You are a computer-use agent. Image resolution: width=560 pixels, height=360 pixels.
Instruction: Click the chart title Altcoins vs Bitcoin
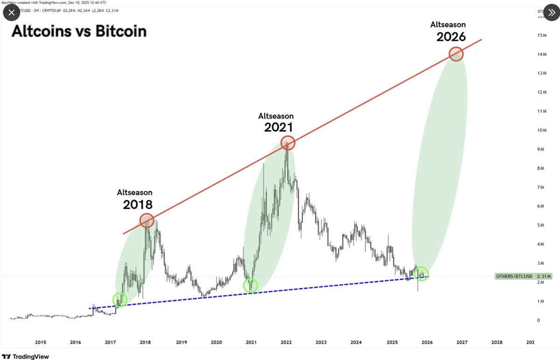pos(79,31)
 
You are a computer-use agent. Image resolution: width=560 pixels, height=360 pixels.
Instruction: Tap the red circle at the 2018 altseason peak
pos(147,220)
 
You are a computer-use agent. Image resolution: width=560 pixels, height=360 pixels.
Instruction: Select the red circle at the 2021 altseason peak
pos(288,142)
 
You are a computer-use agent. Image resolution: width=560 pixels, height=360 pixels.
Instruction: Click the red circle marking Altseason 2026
pos(456,54)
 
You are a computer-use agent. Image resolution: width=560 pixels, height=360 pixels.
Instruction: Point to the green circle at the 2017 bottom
pos(120,300)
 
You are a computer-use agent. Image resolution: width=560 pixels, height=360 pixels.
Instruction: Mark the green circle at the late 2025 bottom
pos(421,274)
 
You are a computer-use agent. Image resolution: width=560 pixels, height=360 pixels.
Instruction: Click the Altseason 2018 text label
pos(135,199)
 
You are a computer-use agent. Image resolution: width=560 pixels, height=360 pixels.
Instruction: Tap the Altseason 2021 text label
pos(276,121)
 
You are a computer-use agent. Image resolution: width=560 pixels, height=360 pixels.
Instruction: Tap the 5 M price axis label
pos(541,226)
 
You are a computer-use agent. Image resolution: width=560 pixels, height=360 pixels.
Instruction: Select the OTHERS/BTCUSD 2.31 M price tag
pos(523,276)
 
